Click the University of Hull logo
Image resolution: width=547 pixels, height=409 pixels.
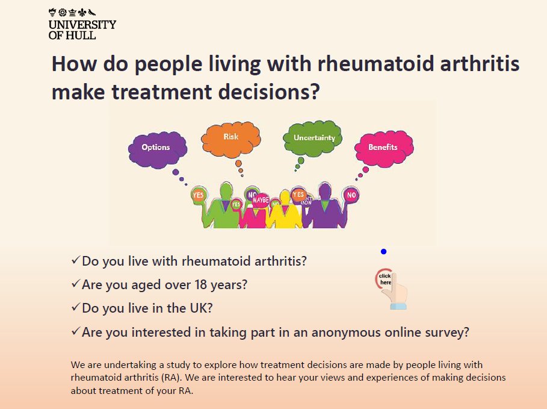[x=82, y=23]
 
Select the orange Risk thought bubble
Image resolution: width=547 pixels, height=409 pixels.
[x=231, y=138]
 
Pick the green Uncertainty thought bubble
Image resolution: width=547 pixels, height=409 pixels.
[x=313, y=138]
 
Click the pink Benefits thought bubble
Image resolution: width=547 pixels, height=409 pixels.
[x=383, y=148]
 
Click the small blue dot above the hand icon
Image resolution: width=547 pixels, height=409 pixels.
[x=383, y=252]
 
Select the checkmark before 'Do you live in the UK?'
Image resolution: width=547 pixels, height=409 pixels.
[x=75, y=307]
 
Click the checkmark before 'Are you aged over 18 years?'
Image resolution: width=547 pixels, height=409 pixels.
[x=75, y=284]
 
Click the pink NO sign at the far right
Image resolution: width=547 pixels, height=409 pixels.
[x=351, y=195]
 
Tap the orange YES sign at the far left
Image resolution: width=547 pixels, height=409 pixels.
[x=198, y=195]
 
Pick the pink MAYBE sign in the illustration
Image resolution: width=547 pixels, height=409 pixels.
[x=261, y=199]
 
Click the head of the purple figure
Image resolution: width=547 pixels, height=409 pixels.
[x=326, y=192]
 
